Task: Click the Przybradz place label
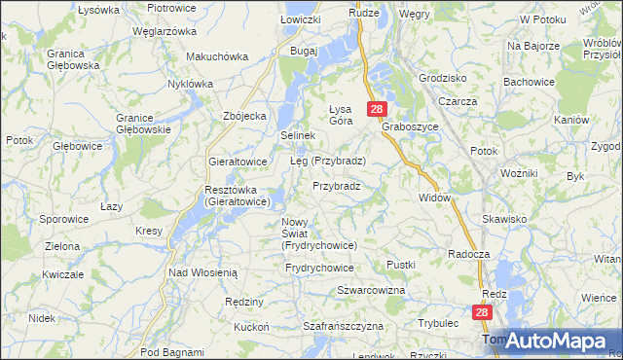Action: pos(337,185)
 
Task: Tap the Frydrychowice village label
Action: pos(319,267)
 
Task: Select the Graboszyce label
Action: pos(410,126)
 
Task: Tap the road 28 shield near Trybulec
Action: pos(484,312)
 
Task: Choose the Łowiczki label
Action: pos(300,19)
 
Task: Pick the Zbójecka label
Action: pos(244,116)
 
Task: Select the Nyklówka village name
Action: pos(190,84)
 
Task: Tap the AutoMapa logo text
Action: pos(559,341)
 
